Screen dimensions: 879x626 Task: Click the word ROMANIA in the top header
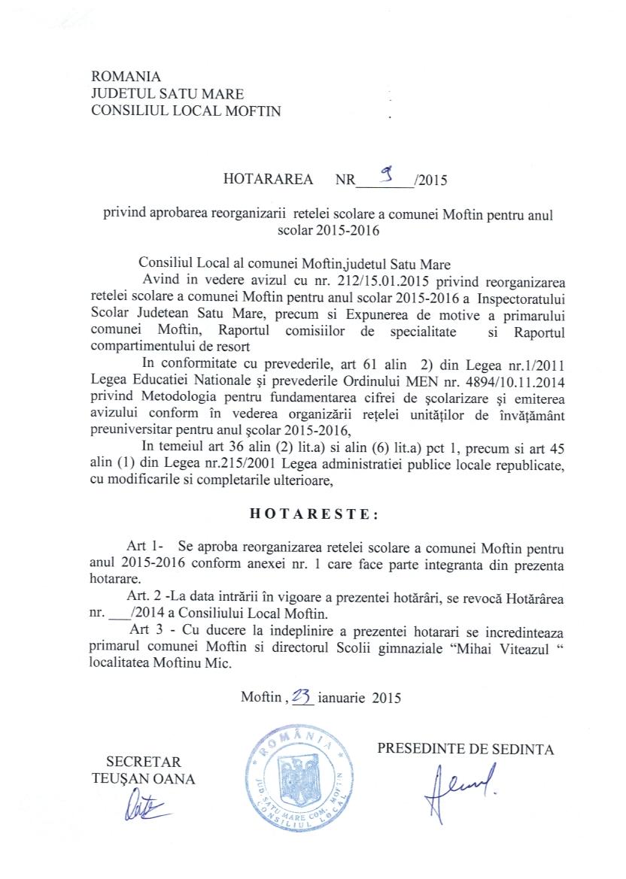(x=126, y=77)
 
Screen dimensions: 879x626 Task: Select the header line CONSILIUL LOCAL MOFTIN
(x=185, y=111)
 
